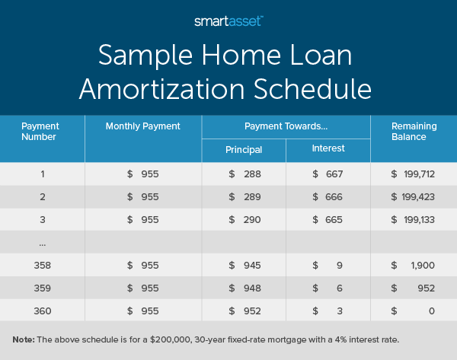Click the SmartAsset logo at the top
[x=228, y=21]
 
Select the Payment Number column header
[x=40, y=131]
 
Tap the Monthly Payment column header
[x=143, y=126]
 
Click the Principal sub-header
[x=244, y=150]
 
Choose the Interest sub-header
[x=328, y=149]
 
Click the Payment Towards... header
[x=286, y=126]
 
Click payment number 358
[x=43, y=266]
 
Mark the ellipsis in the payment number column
[x=42, y=243]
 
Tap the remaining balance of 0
[x=431, y=311]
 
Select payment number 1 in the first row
[x=43, y=174]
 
